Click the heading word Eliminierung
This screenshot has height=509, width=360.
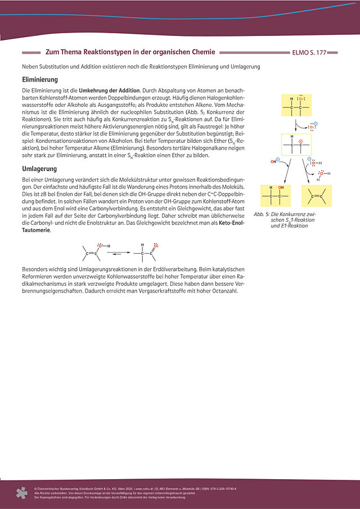(x=39, y=80)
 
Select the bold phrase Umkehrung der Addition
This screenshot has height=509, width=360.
(x=109, y=91)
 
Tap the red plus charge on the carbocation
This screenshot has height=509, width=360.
(x=300, y=142)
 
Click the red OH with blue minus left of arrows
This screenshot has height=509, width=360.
(x=274, y=162)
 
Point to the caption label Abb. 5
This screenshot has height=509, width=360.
(x=260, y=214)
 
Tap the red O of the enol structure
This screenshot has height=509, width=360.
(x=98, y=245)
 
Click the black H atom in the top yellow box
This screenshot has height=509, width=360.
(x=291, y=98)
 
